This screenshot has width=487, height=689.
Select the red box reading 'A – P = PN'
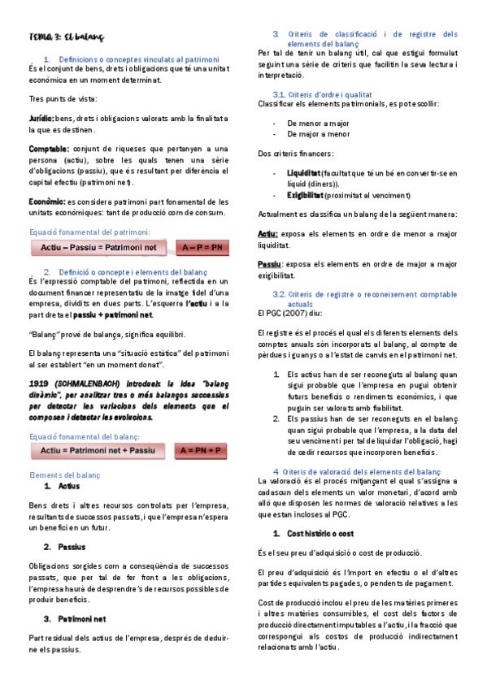click(x=202, y=247)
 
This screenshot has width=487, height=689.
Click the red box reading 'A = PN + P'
click(x=201, y=450)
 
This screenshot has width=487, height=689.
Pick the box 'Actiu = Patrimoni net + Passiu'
click(x=98, y=450)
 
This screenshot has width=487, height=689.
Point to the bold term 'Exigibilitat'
click(x=305, y=195)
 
